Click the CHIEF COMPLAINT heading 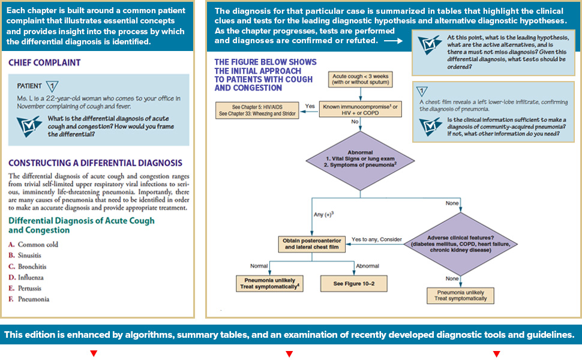(44, 62)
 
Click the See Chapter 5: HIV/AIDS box (256, 110)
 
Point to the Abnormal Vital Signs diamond (359, 159)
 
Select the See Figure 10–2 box (353, 283)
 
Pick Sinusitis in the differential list (31, 256)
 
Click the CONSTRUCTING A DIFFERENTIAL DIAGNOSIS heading (95, 163)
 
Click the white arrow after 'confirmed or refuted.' (393, 41)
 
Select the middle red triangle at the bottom (289, 354)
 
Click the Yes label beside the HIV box (310, 106)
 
